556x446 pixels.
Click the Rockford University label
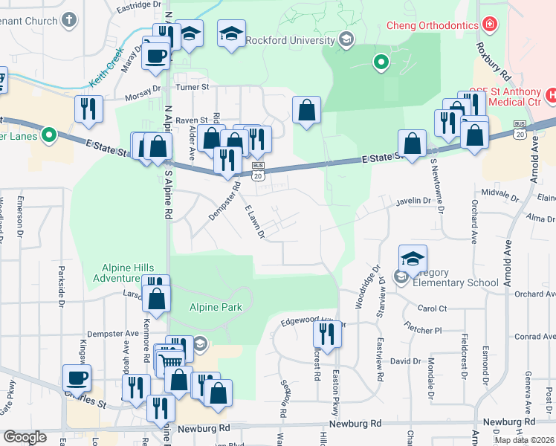291,39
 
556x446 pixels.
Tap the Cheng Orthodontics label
432,26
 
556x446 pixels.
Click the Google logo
25,437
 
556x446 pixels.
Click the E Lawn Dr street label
255,222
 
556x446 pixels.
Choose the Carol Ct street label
432,308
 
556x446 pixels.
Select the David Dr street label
406,361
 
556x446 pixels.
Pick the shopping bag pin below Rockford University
306,111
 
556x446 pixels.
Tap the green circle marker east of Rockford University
381,62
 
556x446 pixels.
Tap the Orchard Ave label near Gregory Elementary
535,294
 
